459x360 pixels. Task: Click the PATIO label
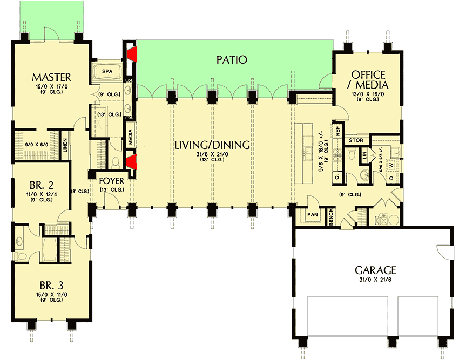(232, 59)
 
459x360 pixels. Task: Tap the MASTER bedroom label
(51, 76)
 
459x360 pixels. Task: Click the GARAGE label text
(375, 270)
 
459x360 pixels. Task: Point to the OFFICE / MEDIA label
(368, 79)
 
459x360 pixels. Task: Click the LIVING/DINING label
(212, 145)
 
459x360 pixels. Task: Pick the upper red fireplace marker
(132, 53)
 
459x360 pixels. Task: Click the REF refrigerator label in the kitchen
(338, 131)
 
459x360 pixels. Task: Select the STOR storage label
(355, 140)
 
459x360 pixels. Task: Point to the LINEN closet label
(65, 146)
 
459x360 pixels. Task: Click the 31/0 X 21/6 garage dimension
(375, 280)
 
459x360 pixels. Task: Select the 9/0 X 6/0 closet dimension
(36, 144)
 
